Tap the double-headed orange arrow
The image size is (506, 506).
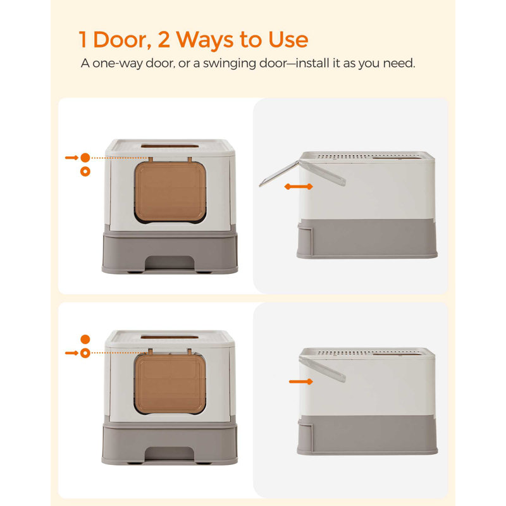(298, 187)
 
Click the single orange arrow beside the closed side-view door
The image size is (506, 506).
(301, 381)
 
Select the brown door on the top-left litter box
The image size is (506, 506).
(170, 192)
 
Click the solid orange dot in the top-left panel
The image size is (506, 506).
(85, 157)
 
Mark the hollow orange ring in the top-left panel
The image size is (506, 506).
(85, 171)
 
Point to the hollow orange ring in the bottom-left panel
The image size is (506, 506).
(85, 353)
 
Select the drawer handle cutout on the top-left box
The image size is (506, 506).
(170, 262)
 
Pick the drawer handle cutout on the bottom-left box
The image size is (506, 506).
(170, 454)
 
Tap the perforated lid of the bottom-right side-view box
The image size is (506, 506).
(367, 351)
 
